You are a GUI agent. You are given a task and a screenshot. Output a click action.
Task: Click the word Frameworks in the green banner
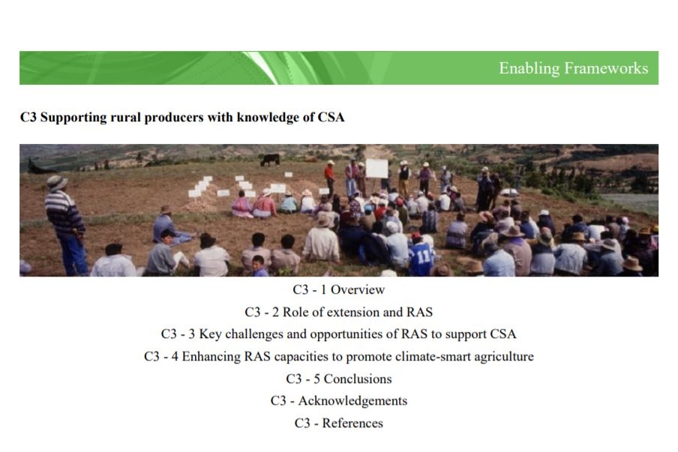click(x=606, y=68)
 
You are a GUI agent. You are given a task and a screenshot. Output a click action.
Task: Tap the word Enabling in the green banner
click(x=529, y=69)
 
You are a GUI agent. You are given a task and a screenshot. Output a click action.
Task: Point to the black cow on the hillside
click(x=270, y=160)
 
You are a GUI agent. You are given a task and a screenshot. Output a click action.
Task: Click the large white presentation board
click(x=377, y=169)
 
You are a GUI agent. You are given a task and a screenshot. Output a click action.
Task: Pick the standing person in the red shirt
click(x=329, y=178)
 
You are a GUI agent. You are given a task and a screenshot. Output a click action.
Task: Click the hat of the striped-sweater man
click(x=57, y=182)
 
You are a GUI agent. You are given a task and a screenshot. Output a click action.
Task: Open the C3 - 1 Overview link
click(x=338, y=289)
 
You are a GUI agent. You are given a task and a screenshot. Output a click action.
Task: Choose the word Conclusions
click(x=358, y=379)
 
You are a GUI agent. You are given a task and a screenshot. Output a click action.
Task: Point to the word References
click(x=352, y=424)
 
